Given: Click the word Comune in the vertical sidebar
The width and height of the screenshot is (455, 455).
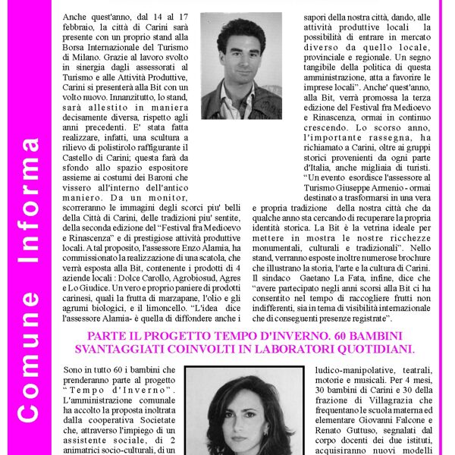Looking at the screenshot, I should point(28,374).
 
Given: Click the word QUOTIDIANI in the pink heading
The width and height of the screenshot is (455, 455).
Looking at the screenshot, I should point(370,349).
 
